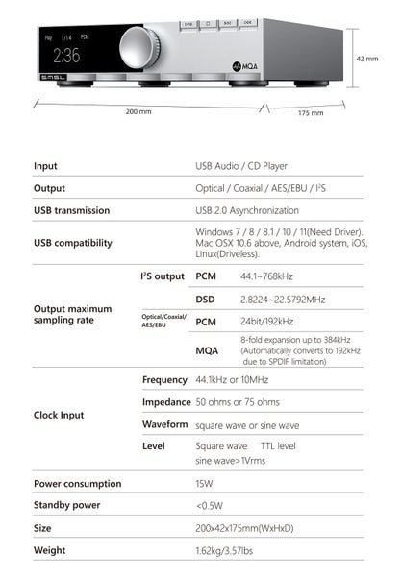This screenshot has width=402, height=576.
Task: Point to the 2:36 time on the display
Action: click(66, 55)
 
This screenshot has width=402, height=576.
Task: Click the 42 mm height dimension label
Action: click(366, 59)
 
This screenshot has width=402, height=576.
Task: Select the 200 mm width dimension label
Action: click(138, 112)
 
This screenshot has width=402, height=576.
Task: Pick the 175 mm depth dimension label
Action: click(310, 113)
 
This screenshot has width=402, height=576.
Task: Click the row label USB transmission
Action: click(72, 210)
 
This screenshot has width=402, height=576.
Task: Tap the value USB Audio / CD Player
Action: click(241, 166)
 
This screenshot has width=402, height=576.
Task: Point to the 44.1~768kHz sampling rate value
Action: click(266, 276)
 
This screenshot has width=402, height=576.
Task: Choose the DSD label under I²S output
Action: click(206, 300)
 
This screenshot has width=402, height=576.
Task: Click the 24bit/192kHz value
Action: click(266, 322)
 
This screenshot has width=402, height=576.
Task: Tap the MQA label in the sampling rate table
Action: click(207, 351)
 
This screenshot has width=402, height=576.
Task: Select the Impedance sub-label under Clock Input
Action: click(166, 401)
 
